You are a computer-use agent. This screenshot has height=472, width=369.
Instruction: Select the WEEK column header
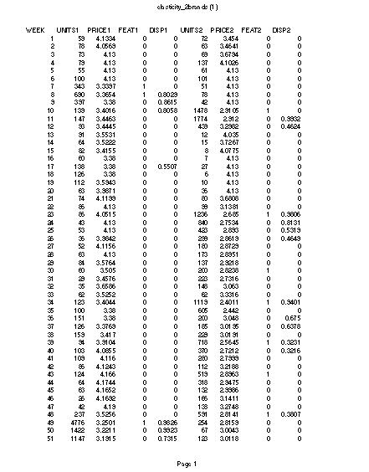point(35,30)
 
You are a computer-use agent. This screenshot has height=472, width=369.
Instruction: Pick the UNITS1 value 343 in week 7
point(78,85)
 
